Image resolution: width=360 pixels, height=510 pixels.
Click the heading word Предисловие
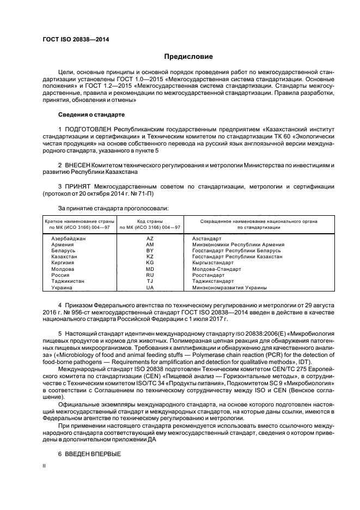click(x=188, y=56)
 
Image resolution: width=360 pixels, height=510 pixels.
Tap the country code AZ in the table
click(x=150, y=239)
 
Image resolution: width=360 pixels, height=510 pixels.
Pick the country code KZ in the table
click(x=150, y=257)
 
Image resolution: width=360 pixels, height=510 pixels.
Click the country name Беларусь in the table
click(x=64, y=251)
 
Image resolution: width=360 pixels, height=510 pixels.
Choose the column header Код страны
click(x=150, y=221)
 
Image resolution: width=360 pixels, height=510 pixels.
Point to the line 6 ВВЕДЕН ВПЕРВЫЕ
click(x=89, y=454)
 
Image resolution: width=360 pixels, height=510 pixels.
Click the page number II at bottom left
click(x=45, y=466)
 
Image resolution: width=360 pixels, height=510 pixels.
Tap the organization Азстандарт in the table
click(x=207, y=239)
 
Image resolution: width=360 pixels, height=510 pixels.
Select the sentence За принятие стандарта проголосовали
click(x=113, y=208)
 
